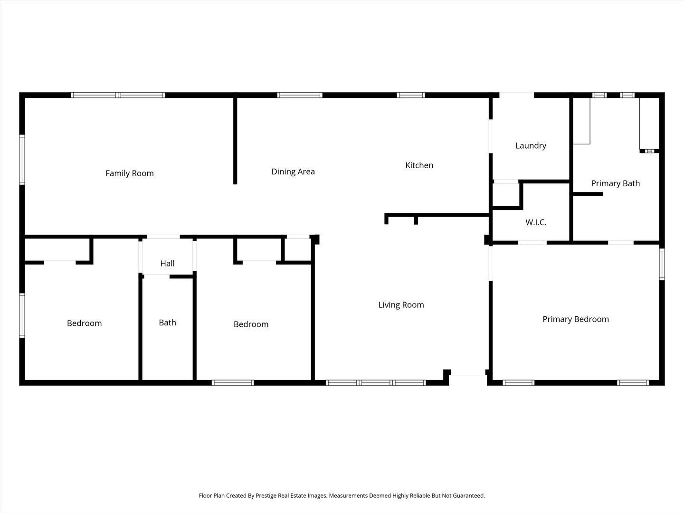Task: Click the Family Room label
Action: click(130, 173)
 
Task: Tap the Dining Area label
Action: click(293, 171)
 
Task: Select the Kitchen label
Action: click(419, 165)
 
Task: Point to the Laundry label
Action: click(531, 146)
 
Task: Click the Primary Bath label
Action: click(615, 183)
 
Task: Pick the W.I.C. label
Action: click(536, 222)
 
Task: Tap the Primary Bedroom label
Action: click(576, 319)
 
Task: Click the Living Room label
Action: click(401, 305)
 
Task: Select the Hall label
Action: click(167, 264)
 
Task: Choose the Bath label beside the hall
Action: click(167, 323)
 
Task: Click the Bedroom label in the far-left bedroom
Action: click(84, 323)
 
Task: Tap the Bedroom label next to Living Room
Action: click(251, 324)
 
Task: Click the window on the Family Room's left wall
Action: click(22, 160)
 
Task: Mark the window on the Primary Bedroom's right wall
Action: click(662, 264)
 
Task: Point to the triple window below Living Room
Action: click(375, 382)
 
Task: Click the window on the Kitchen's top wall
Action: click(411, 95)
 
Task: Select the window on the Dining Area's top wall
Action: click(300, 95)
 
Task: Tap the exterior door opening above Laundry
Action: click(516, 95)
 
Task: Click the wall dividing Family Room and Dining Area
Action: click(235, 141)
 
